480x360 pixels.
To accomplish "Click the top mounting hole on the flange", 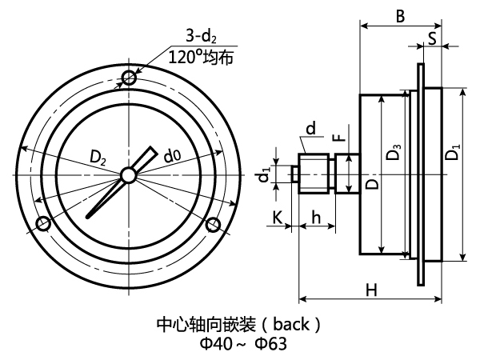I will click(128, 77).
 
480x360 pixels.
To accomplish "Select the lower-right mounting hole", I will click(213, 226).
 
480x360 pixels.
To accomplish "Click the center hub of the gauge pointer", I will click(128, 175).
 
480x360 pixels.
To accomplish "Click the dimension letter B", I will click(401, 14).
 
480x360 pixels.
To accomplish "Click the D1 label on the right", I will click(453, 150).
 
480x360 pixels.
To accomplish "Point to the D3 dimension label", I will click(393, 151).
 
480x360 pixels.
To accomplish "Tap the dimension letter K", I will click(276, 216).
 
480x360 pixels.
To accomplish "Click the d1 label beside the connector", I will click(265, 174).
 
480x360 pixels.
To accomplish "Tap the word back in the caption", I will click(289, 325).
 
